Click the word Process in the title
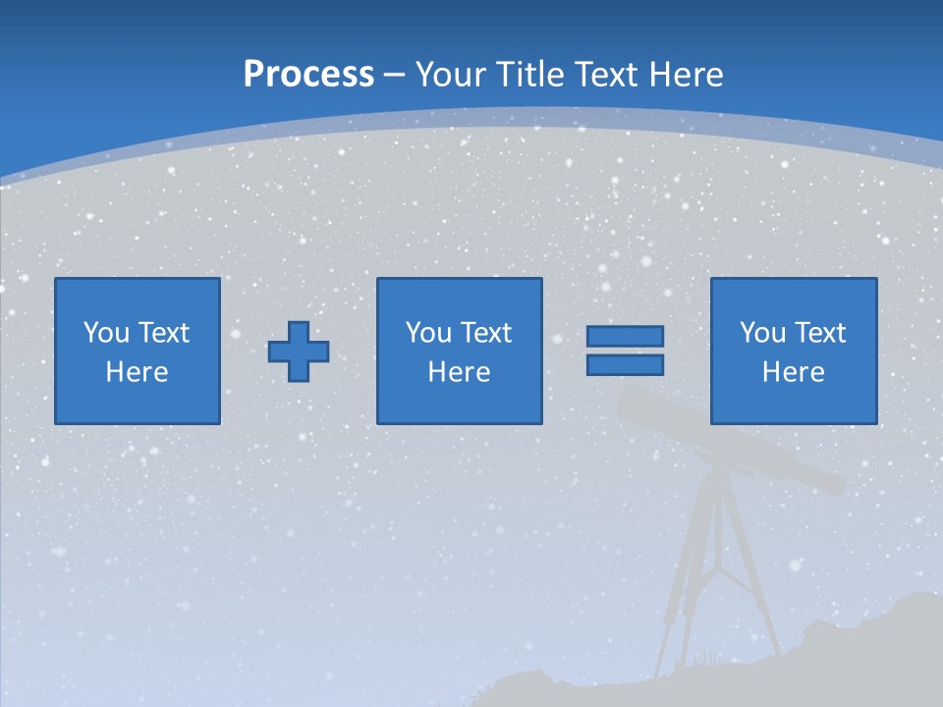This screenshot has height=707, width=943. [308, 75]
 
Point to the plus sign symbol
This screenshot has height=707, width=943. [299, 352]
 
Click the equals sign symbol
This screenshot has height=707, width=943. [625, 351]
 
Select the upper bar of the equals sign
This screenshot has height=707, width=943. [625, 337]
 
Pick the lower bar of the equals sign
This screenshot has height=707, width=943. [625, 364]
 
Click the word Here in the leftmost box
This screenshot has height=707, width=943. [137, 372]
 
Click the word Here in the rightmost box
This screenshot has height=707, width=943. [793, 372]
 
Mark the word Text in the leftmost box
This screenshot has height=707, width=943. [162, 333]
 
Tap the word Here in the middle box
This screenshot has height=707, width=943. [459, 372]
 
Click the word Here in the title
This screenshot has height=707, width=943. [687, 75]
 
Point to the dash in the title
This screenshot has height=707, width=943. [395, 76]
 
